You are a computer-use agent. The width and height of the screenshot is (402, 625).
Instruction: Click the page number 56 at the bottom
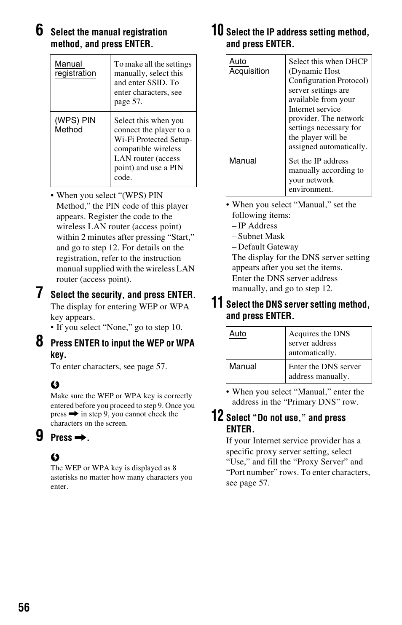24,607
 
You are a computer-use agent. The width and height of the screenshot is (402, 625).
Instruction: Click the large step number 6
39,30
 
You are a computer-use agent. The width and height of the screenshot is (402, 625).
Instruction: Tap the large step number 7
39,292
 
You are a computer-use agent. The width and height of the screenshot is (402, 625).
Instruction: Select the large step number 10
217,30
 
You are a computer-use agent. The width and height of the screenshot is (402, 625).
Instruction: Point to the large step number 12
217,416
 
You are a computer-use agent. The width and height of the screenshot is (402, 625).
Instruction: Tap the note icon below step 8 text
55,385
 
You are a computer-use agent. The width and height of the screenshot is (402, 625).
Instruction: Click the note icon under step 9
55,457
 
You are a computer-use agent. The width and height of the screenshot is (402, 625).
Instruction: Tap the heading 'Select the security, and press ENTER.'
123,295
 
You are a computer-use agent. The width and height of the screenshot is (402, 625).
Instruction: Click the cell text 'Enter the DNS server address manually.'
324,371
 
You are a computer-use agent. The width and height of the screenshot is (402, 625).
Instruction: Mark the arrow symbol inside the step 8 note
74,414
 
